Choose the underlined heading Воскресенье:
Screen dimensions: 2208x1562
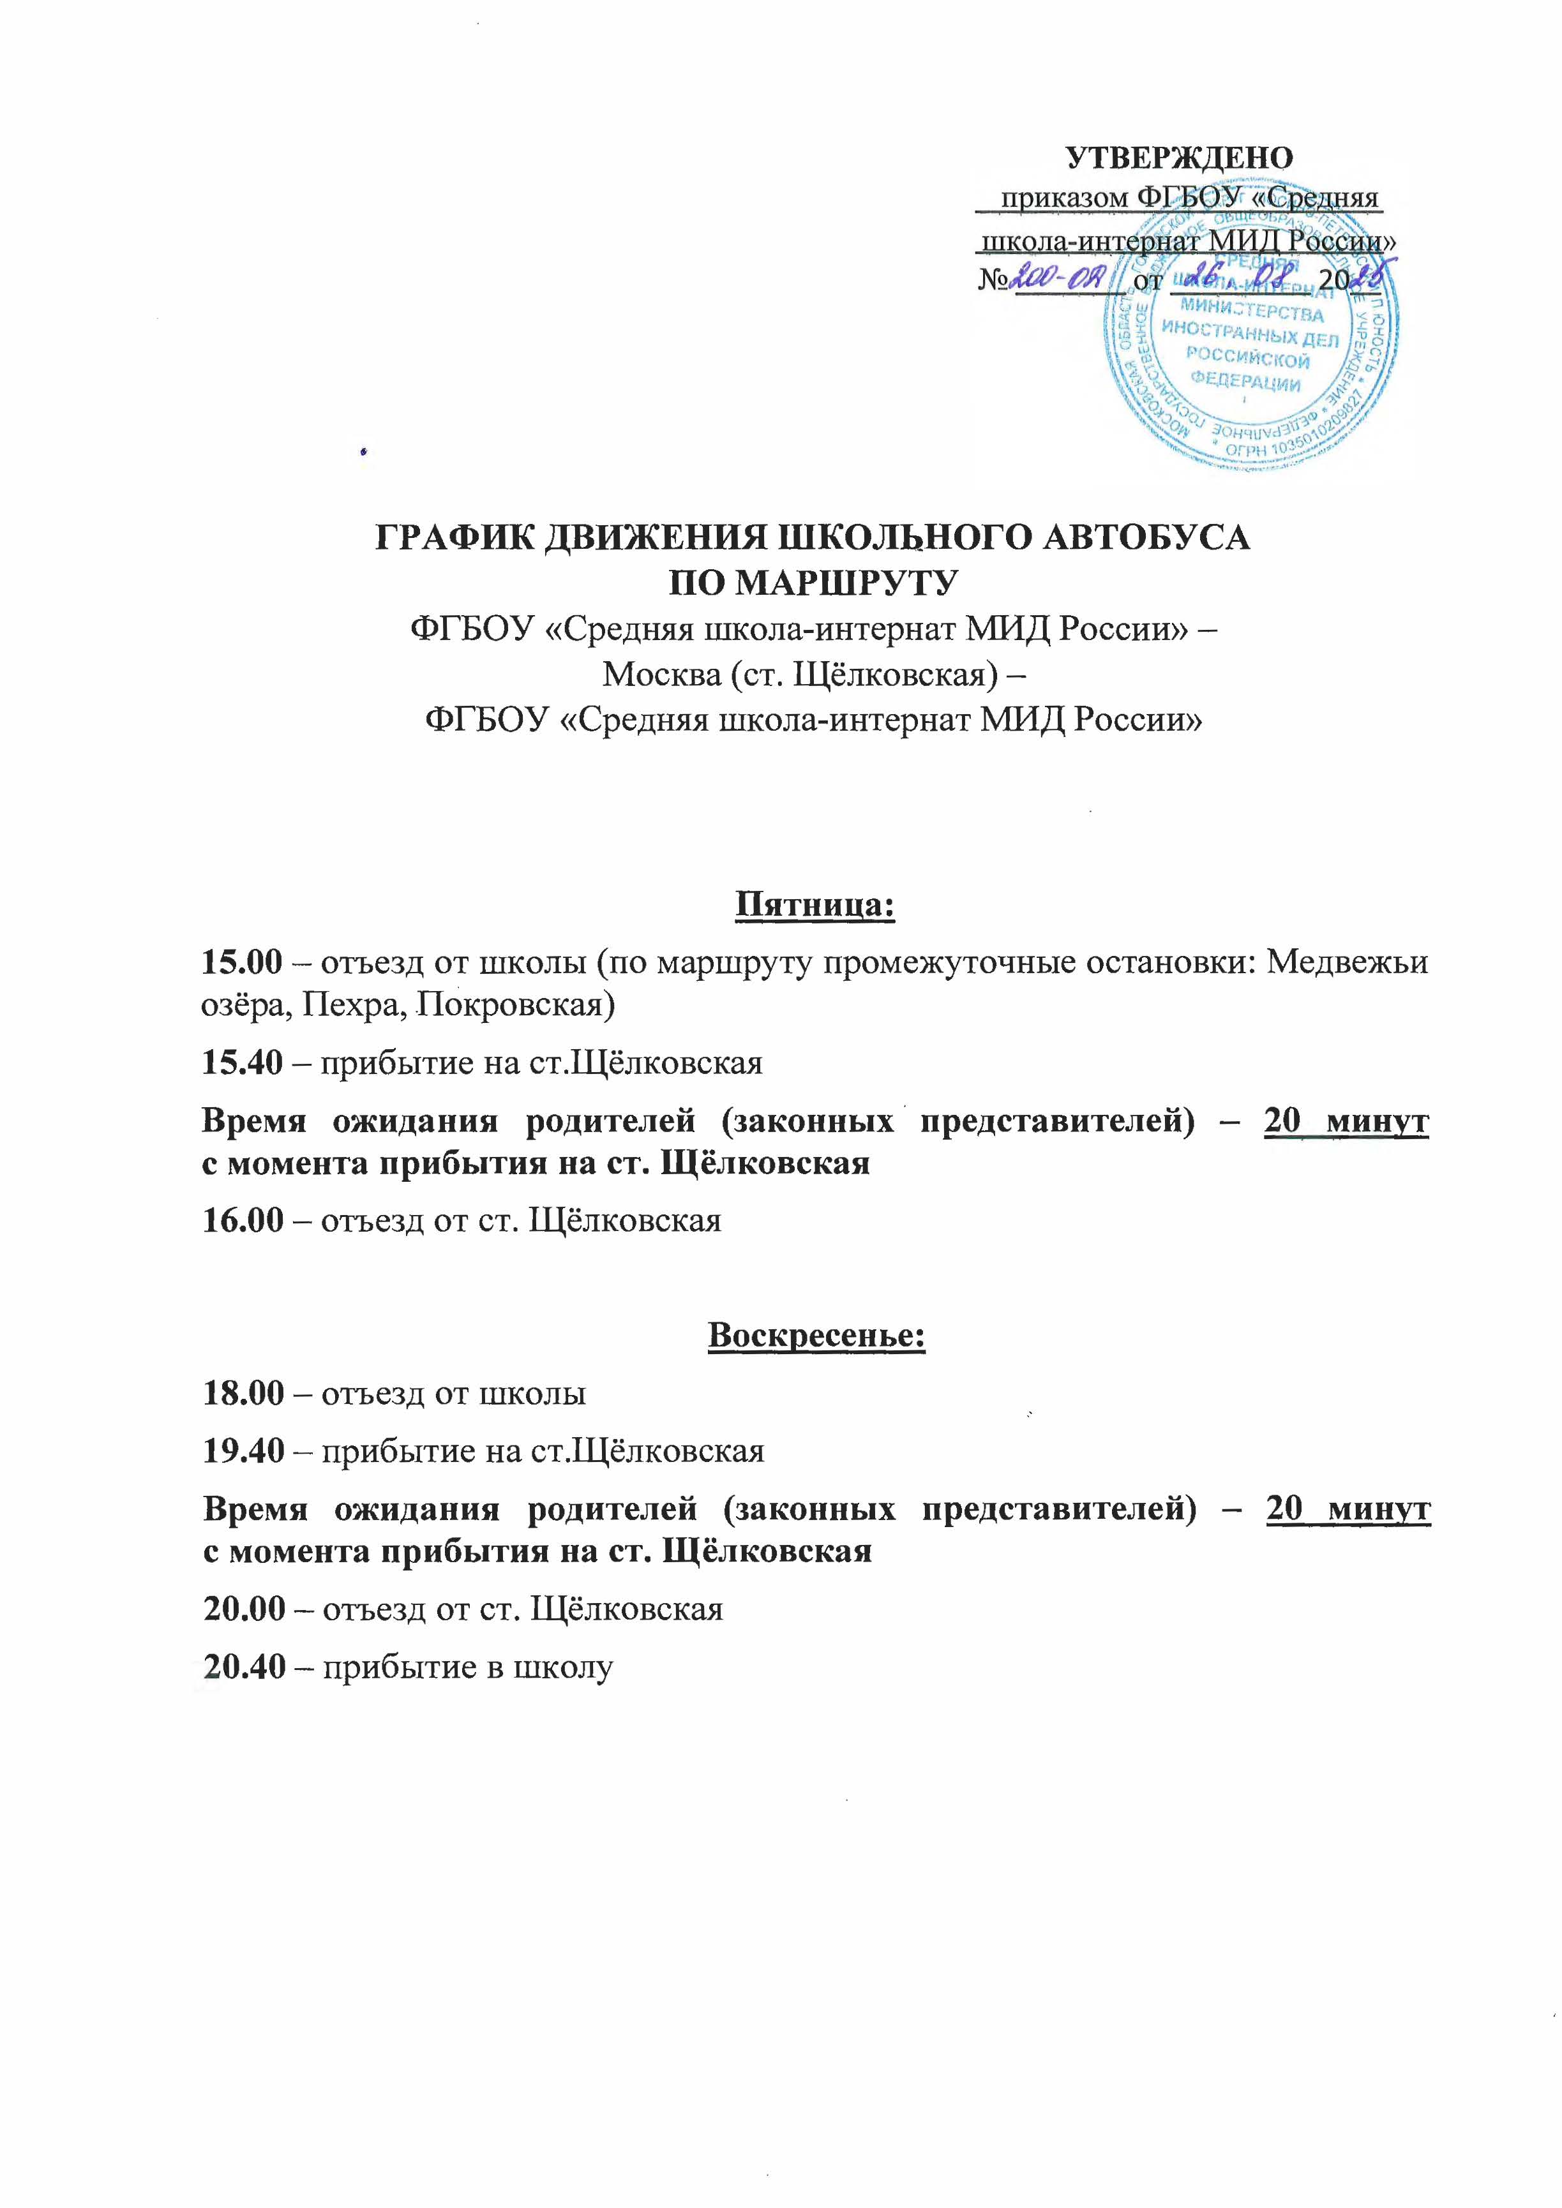pos(816,1335)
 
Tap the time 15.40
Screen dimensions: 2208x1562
pos(241,1062)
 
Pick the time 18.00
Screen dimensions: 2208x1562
pos(243,1392)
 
